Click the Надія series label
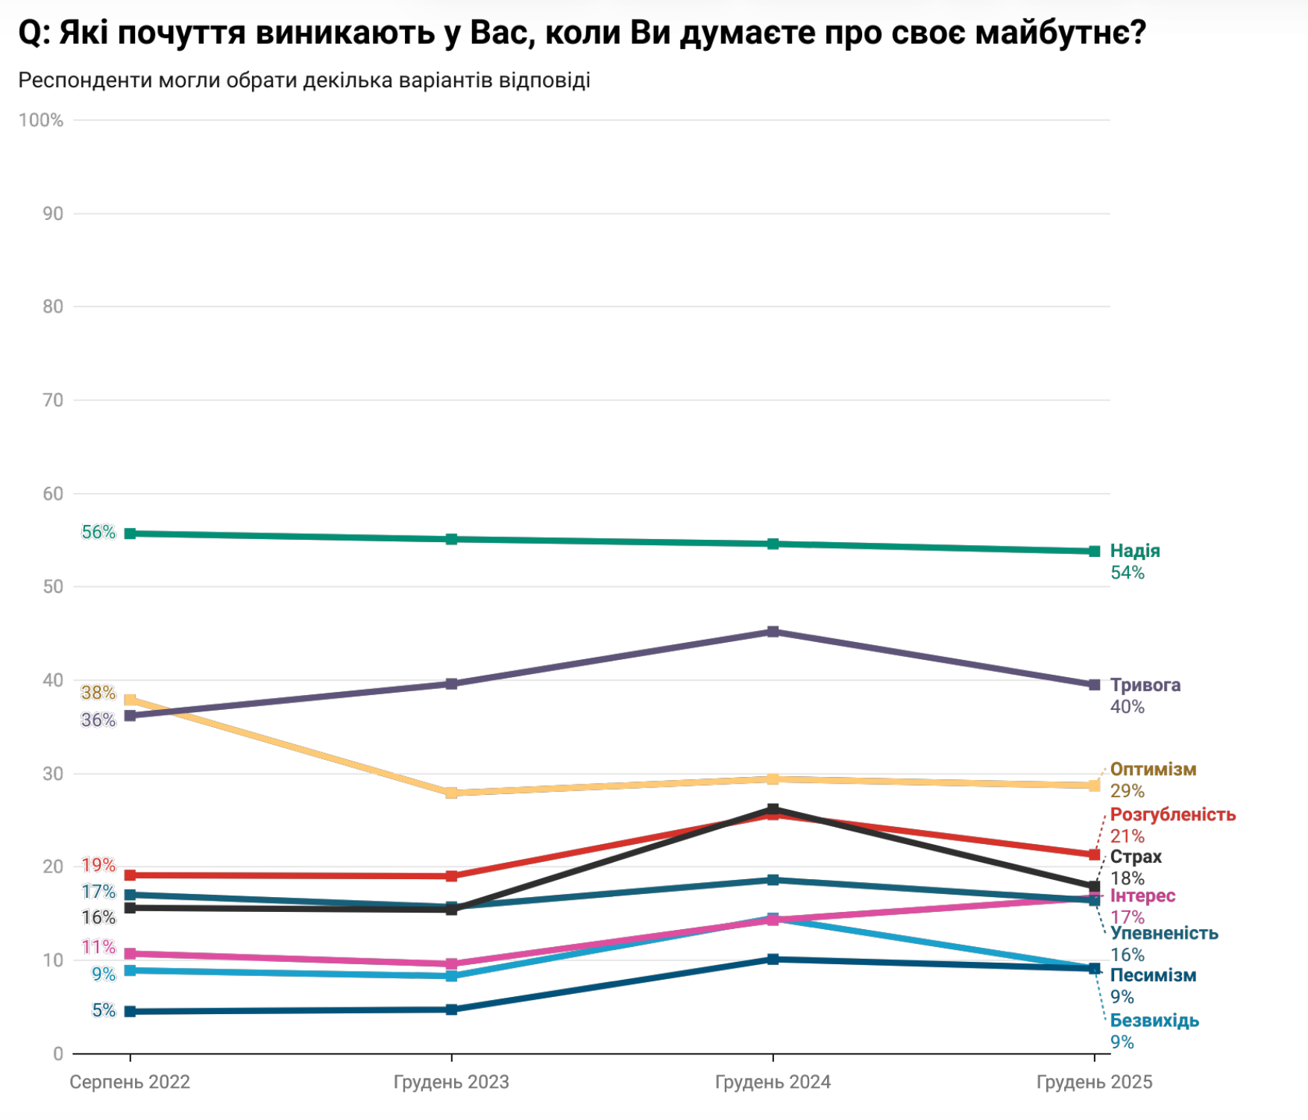click(x=1134, y=551)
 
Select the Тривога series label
click(x=1145, y=685)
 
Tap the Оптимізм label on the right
click(x=1153, y=769)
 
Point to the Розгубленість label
click(x=1172, y=814)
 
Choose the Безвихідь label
click(x=1154, y=1020)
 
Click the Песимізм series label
click(x=1153, y=975)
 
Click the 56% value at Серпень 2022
click(x=98, y=532)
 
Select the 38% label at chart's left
click(x=98, y=693)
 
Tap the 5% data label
click(x=104, y=1010)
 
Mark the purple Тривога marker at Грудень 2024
click(x=773, y=632)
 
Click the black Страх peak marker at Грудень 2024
click(x=773, y=809)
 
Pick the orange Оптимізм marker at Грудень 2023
click(x=451, y=793)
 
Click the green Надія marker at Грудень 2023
click(x=451, y=539)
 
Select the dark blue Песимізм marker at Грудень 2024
click(x=773, y=959)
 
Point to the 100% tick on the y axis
click(x=41, y=120)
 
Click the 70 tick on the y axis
click(x=53, y=400)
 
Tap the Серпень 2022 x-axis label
click(x=130, y=1082)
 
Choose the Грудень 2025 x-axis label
click(x=1094, y=1082)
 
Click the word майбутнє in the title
click(x=1060, y=33)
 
